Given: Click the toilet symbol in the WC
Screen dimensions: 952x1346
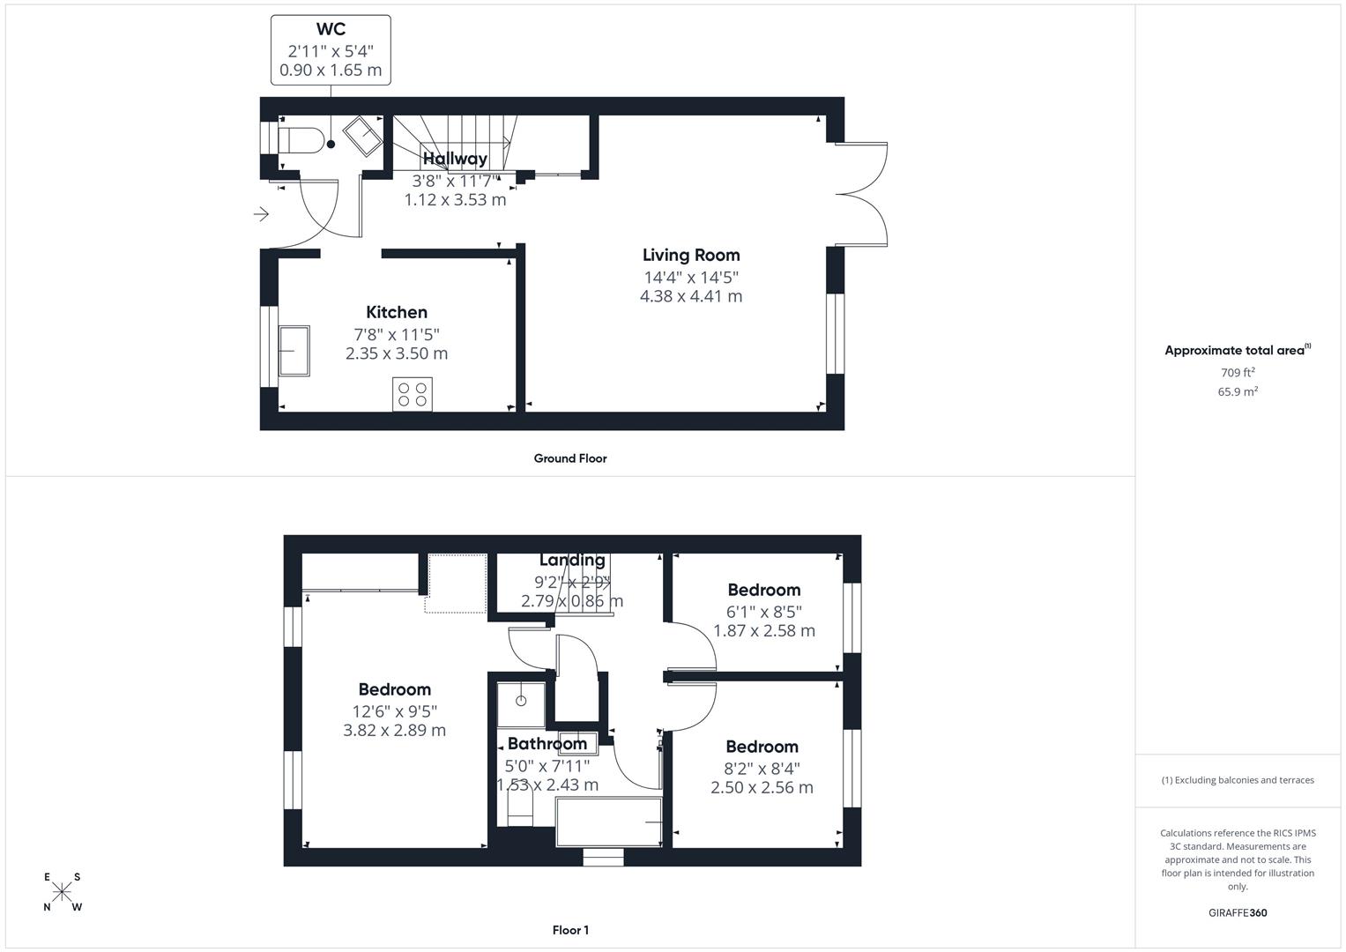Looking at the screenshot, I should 300,140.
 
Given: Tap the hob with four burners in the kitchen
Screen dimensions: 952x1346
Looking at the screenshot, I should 413,394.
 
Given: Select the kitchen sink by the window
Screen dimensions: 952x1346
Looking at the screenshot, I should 294,351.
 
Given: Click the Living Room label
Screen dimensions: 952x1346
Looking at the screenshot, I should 691,256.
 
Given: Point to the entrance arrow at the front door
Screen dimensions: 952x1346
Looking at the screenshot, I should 261,214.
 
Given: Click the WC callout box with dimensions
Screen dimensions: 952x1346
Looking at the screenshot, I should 331,50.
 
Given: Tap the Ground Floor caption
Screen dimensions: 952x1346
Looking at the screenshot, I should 570,458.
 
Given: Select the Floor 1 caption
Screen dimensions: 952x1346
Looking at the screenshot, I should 570,930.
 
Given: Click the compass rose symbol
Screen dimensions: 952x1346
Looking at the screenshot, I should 62,892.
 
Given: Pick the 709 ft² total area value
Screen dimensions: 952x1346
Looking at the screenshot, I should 1238,373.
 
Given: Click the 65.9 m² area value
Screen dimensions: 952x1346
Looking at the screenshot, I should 1238,392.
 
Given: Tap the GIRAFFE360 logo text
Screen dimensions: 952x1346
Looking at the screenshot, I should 1238,913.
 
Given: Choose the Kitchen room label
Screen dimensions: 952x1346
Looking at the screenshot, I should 397,312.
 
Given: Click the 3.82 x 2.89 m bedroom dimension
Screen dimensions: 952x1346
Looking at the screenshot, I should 394,730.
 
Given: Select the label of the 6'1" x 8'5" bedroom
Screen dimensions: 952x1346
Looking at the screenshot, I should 763,590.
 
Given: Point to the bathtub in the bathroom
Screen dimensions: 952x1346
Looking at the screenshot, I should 609,822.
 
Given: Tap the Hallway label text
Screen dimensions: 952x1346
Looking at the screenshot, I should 455,159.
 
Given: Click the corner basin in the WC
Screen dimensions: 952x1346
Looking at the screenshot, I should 362,136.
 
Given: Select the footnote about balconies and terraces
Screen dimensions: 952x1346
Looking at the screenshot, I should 1238,780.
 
